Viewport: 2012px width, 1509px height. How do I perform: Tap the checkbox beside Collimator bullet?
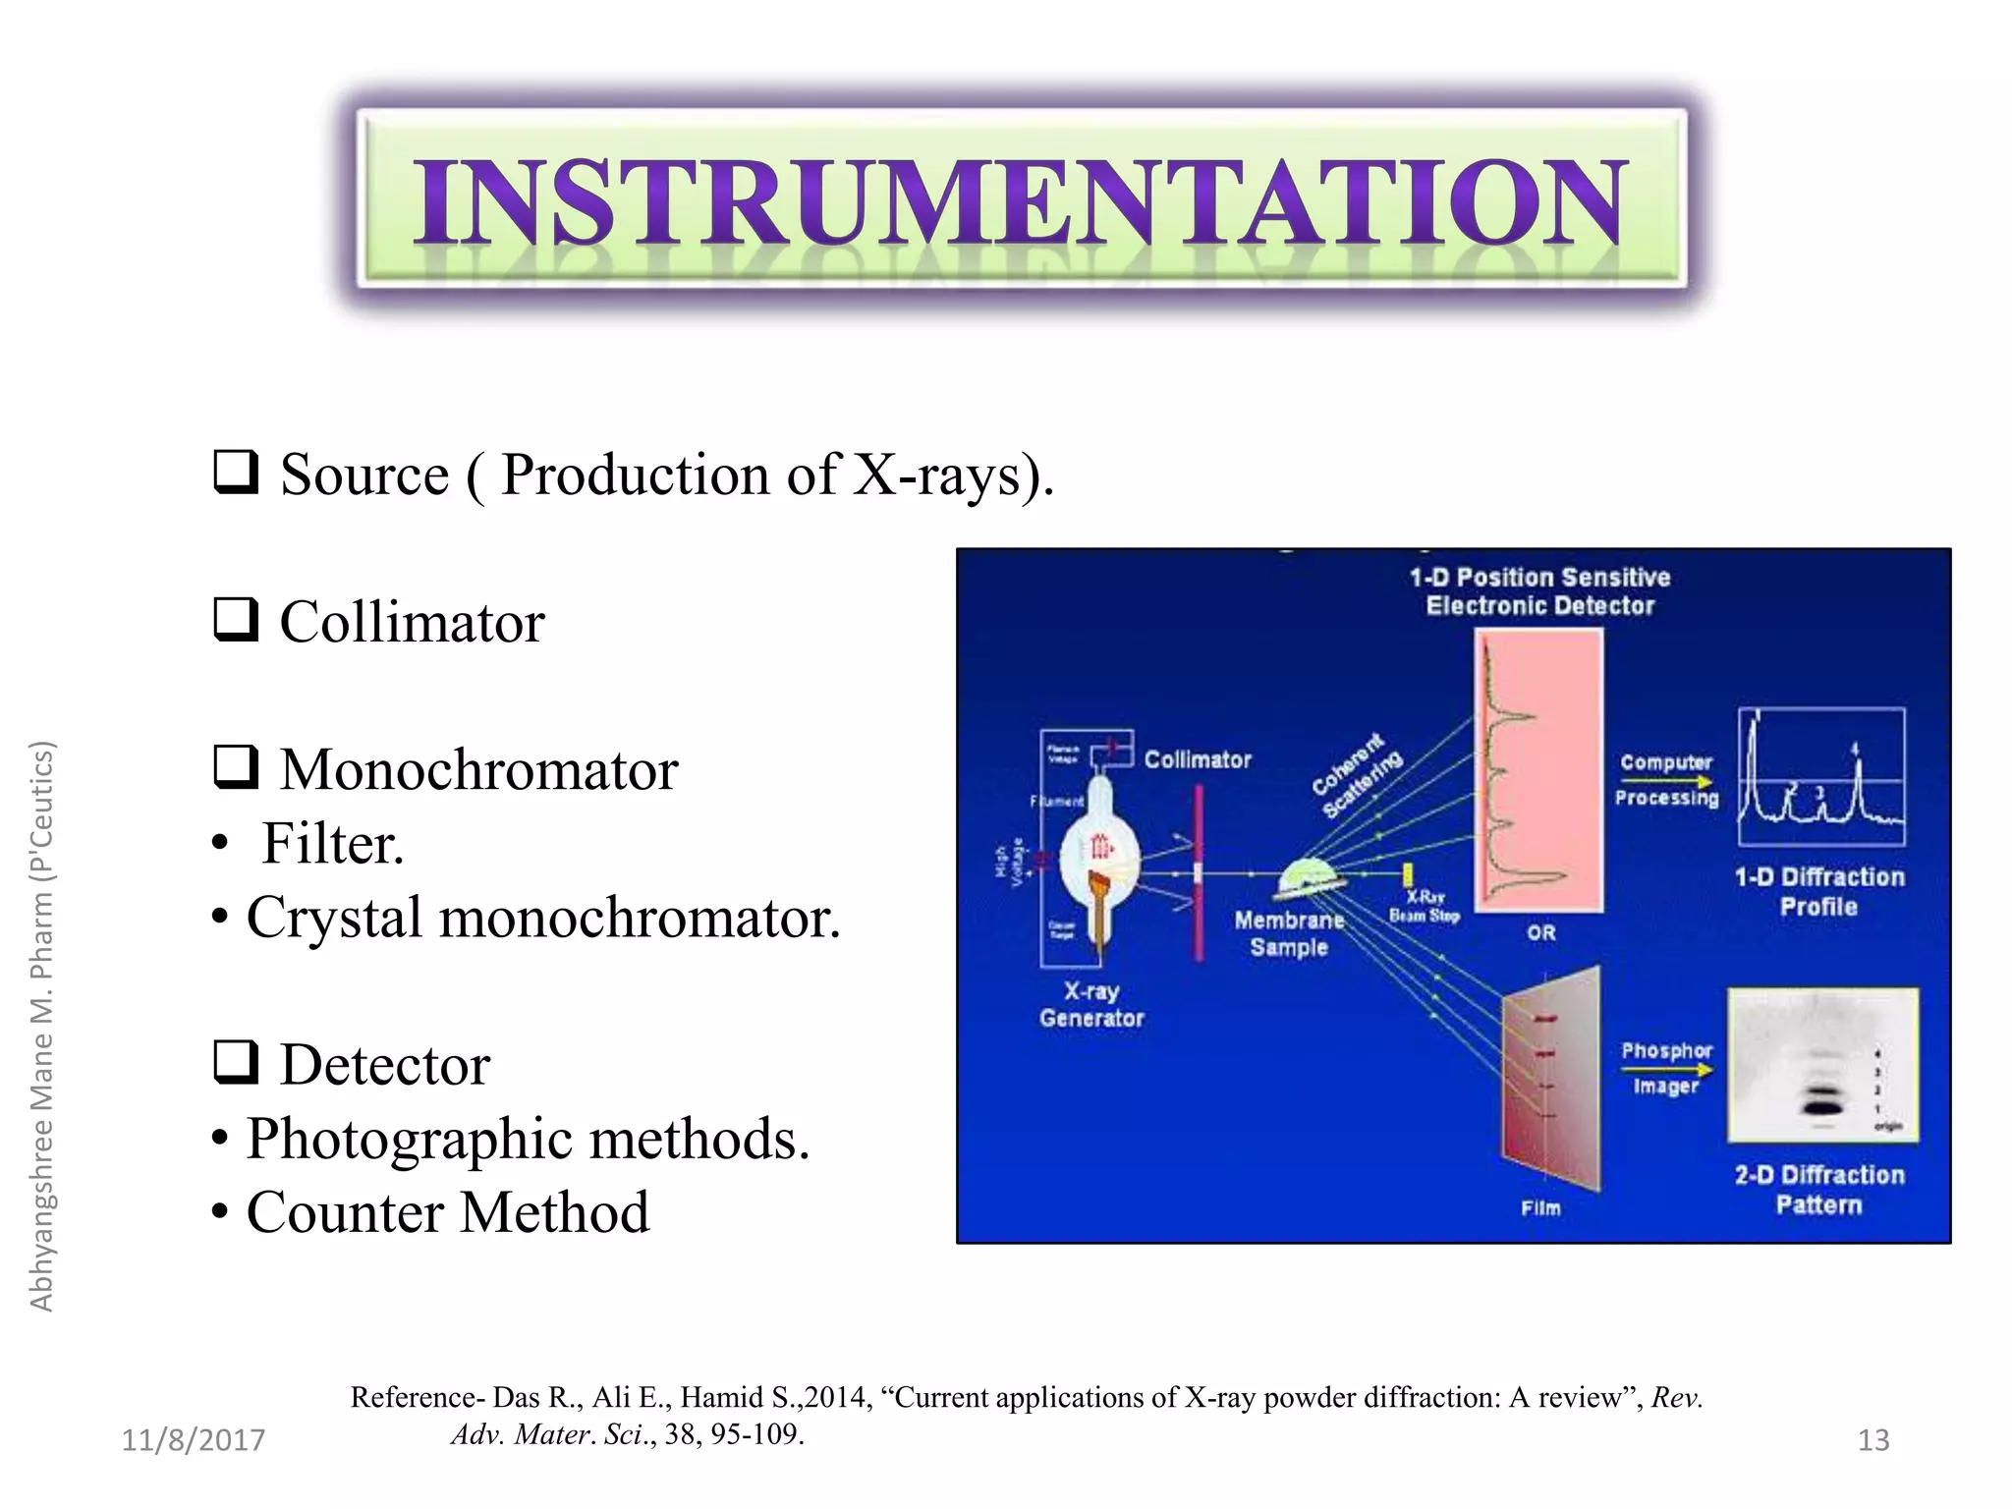click(236, 620)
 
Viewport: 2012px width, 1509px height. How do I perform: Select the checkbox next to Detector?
click(236, 1062)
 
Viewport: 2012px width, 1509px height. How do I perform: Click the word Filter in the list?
click(332, 844)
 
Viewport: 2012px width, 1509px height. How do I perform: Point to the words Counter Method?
click(447, 1212)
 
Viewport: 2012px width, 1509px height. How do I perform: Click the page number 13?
click(1872, 1440)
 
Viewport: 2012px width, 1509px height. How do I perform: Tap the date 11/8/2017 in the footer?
click(194, 1440)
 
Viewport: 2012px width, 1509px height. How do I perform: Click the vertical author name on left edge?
click(41, 1026)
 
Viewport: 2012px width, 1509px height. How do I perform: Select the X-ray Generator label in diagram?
click(1091, 1004)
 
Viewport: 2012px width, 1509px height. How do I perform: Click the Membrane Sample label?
click(1289, 933)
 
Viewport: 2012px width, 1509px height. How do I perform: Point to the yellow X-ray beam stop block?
click(1408, 873)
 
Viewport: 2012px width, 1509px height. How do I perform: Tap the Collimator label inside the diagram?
click(1198, 759)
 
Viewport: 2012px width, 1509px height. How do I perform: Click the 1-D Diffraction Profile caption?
click(1818, 891)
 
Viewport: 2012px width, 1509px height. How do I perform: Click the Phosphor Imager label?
click(1666, 1068)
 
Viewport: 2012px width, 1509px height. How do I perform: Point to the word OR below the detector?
click(1540, 932)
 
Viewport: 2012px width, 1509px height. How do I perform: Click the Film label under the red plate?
click(1540, 1207)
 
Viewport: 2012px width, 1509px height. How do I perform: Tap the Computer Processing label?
click(1666, 779)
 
